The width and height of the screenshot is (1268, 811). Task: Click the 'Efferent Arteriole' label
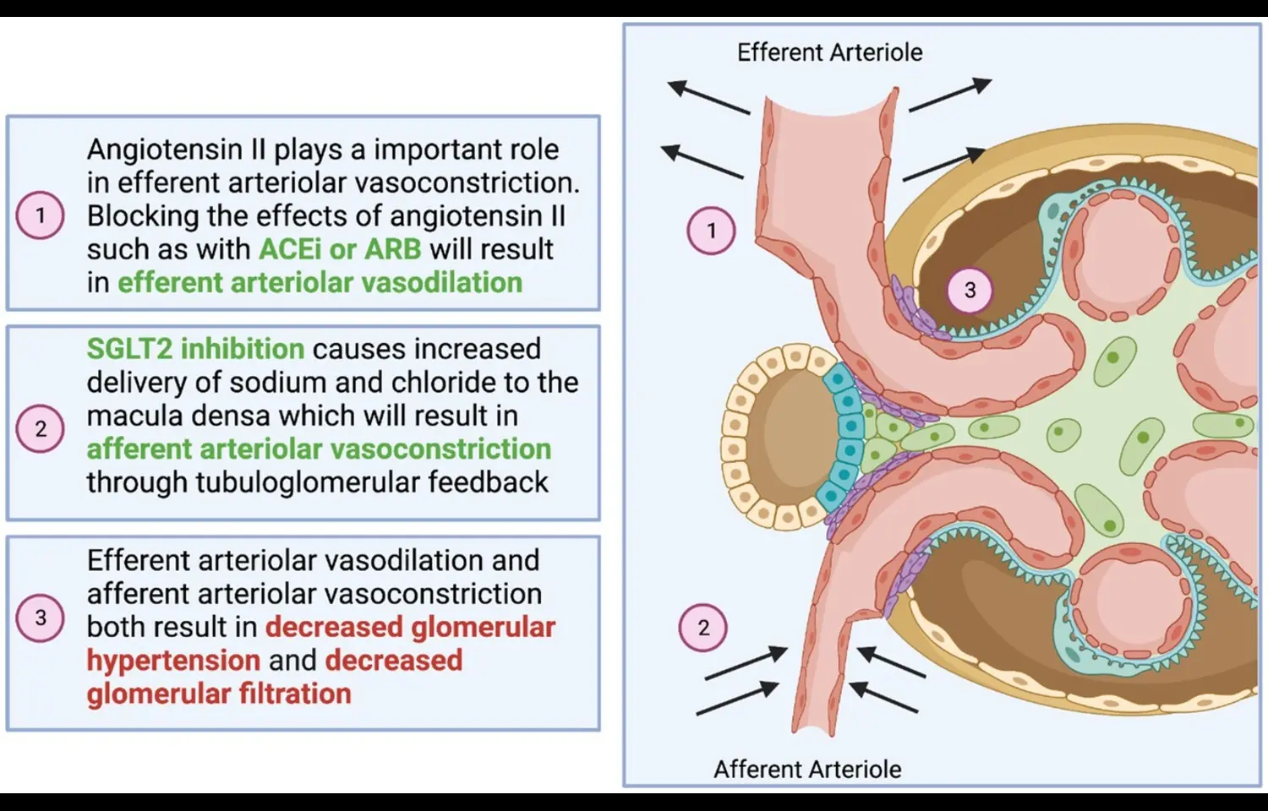click(x=829, y=52)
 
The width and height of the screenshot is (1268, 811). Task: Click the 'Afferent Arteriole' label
click(x=806, y=769)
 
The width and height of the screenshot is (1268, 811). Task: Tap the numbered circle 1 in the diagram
click(x=711, y=231)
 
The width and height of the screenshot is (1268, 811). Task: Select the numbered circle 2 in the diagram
click(x=703, y=628)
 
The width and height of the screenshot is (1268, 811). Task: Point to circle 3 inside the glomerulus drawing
click(x=970, y=291)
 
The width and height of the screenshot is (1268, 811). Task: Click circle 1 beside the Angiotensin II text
click(x=41, y=215)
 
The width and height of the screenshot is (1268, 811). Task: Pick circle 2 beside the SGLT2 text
click(x=41, y=429)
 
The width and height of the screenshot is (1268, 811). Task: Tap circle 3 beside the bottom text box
click(x=41, y=618)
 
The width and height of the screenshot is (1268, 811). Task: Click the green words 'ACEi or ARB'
click(x=340, y=249)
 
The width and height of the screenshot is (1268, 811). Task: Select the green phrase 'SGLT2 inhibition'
click(x=195, y=349)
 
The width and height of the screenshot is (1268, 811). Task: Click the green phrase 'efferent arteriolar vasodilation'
click(x=320, y=282)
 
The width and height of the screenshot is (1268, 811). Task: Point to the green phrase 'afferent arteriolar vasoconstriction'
click(x=319, y=449)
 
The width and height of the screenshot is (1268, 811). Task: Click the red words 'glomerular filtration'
click(x=219, y=694)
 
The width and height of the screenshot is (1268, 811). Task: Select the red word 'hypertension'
click(x=173, y=661)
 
